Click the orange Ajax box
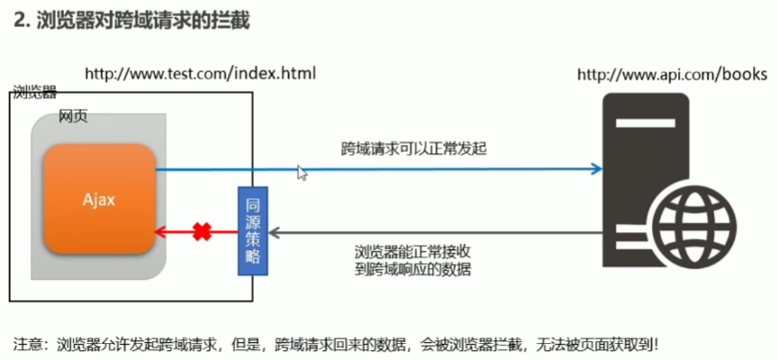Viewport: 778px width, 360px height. (99, 199)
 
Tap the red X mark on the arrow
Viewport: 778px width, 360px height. (203, 232)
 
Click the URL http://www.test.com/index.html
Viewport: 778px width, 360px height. (200, 72)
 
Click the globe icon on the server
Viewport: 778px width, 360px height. (694, 221)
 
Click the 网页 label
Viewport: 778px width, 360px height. (73, 118)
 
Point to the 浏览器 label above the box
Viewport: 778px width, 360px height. (34, 92)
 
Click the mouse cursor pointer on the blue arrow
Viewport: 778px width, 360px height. (302, 172)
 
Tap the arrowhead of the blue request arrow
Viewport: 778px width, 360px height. (596, 168)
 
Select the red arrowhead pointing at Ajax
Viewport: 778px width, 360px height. (160, 232)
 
